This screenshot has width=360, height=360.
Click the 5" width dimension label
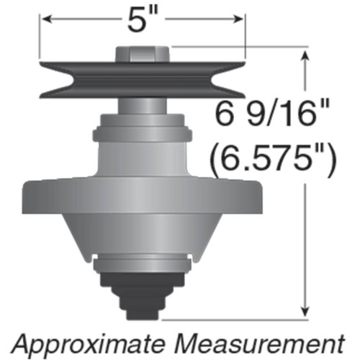click(x=144, y=19)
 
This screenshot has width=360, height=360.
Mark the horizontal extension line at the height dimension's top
click(x=238, y=49)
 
